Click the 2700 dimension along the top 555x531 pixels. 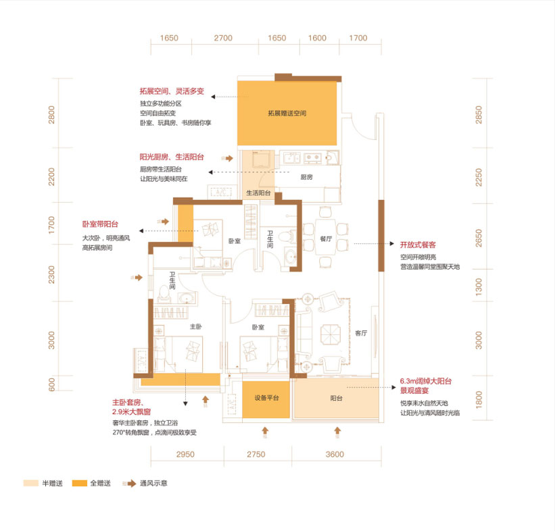click(223, 38)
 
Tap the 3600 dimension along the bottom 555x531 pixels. click(335, 454)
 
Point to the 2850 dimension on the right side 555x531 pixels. click(479, 115)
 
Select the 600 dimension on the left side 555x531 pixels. click(51, 384)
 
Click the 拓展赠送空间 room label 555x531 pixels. click(287, 113)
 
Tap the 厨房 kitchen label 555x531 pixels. click(306, 177)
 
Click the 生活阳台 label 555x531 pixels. click(258, 193)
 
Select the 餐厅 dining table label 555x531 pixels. click(326, 238)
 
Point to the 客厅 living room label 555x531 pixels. click(361, 333)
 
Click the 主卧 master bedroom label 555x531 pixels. click(196, 326)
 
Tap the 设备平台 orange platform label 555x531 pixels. click(266, 398)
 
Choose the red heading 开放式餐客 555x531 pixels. click(418, 245)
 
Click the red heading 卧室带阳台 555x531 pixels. click(100, 224)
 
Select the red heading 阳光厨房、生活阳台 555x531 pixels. click(172, 157)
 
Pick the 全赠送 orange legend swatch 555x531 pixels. click(80, 483)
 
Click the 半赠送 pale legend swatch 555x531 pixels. click(31, 483)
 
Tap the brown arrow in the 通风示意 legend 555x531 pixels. click(130, 483)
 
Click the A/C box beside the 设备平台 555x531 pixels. click(231, 403)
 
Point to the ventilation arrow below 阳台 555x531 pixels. click(337, 432)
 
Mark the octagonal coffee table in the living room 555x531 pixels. click(331, 334)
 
